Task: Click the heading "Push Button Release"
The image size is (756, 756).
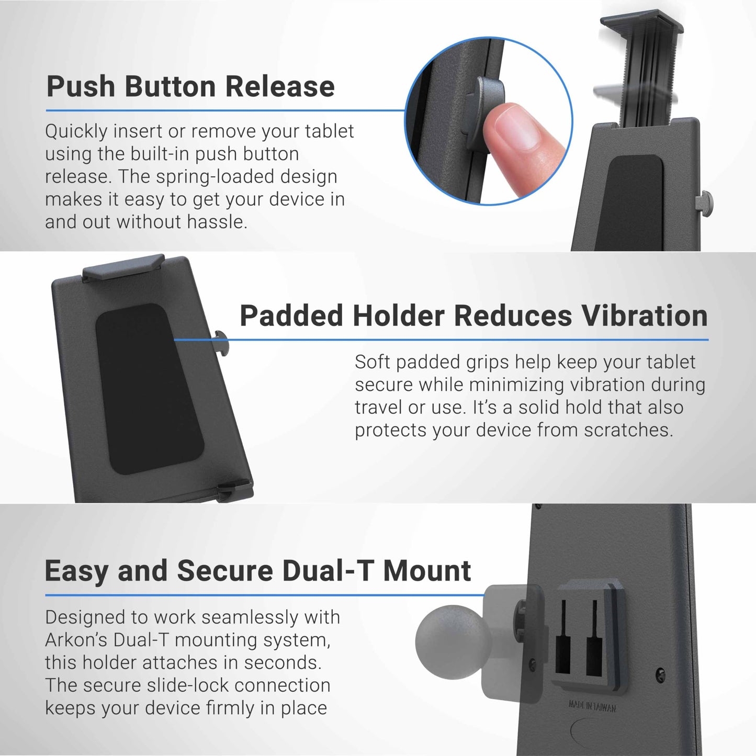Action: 190,86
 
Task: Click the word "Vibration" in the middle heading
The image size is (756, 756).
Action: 639,315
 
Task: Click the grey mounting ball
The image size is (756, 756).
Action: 453,642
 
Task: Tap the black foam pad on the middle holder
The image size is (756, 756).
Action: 150,389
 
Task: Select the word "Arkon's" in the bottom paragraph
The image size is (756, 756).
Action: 76,640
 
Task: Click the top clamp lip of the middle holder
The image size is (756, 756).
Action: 123,266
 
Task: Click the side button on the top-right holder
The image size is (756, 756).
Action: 704,203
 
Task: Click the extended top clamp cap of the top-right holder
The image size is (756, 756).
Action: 642,24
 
